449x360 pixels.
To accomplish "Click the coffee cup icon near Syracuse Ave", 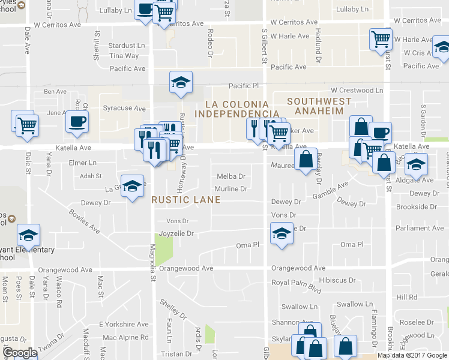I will point(77,122).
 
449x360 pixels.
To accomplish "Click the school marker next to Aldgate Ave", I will point(415,164).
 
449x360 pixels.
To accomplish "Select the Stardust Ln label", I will point(127,46).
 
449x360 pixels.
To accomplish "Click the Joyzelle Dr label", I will point(176,233).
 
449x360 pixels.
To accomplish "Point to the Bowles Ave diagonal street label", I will point(83,220).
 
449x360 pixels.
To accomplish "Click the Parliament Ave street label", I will point(420,228).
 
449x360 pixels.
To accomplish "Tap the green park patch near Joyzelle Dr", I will point(160,247).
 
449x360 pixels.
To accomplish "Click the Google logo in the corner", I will point(20,353).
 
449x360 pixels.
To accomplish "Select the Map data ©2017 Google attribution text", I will point(412,355).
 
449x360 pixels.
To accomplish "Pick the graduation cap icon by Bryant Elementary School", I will point(28,235).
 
